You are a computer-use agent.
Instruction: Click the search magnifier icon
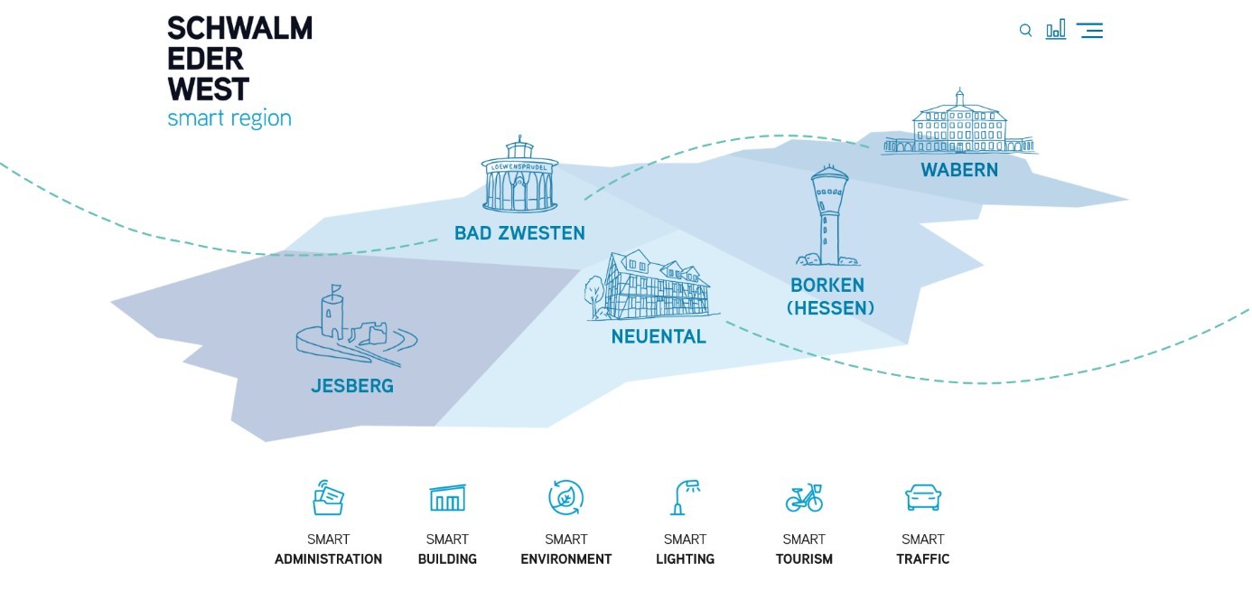(x=1025, y=31)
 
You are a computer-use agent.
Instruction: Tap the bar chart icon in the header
(x=1055, y=30)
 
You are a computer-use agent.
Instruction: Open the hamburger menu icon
(x=1089, y=31)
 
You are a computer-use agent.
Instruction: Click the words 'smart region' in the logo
(x=229, y=118)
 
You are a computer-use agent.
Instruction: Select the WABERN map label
(x=959, y=170)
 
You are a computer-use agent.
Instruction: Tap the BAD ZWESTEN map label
(x=519, y=233)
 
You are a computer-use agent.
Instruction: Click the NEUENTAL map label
(x=659, y=337)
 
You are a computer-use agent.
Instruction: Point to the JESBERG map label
(x=352, y=386)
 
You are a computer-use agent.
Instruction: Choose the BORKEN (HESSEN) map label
(x=830, y=296)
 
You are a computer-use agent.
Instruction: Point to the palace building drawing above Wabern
(x=959, y=124)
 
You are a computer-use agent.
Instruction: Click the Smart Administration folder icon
(x=328, y=497)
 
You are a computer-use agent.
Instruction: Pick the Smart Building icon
(x=447, y=497)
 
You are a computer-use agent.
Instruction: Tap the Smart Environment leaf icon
(x=566, y=497)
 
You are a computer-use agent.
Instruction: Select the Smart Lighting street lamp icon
(x=686, y=497)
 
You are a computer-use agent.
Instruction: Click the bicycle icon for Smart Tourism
(x=804, y=497)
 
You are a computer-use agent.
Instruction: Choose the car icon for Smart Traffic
(x=923, y=497)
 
